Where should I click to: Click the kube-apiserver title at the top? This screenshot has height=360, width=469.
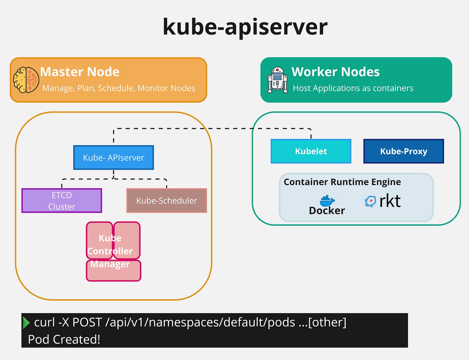coord(245,27)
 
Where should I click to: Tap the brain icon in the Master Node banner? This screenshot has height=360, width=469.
coord(26,80)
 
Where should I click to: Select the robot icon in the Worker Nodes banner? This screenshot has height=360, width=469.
coord(278,80)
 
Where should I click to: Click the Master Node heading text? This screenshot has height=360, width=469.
coord(80,72)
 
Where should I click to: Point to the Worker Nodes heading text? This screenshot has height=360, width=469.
coord(335,72)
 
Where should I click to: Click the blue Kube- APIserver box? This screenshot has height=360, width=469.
coord(114,158)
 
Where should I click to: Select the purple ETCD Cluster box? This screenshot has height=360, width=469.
coord(62,201)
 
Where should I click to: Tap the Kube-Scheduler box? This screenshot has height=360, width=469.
coord(166,201)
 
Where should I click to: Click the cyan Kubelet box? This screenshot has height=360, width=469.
coord(311,151)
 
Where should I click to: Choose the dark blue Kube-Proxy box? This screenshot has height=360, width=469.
coord(403,151)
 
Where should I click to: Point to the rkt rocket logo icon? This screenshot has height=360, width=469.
coord(370,201)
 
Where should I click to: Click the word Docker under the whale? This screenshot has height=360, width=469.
coord(327,211)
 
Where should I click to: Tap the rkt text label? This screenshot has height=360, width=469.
coord(390,201)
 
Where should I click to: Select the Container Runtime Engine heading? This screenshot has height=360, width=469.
coord(342,182)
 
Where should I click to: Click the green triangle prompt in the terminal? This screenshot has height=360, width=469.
coord(26,322)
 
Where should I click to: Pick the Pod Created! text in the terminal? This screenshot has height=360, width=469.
coord(64,340)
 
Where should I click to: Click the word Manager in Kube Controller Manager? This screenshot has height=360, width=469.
coord(110,264)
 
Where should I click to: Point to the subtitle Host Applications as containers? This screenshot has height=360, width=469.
coord(353,88)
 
